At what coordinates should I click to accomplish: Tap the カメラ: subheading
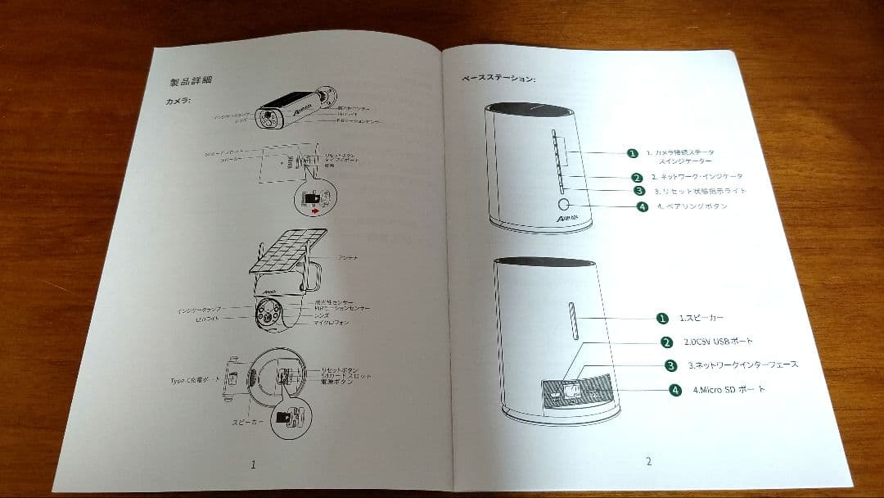click(x=178, y=101)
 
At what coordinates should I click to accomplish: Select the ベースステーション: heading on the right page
click(x=498, y=79)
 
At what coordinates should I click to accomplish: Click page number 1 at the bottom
click(x=253, y=464)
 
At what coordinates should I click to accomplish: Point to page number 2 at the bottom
click(x=648, y=461)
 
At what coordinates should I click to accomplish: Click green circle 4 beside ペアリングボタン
click(x=643, y=206)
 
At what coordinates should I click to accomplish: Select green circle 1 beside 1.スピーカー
click(x=662, y=317)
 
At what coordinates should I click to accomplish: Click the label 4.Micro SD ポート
click(x=729, y=390)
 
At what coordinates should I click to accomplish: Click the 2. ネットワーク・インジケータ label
click(x=697, y=177)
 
